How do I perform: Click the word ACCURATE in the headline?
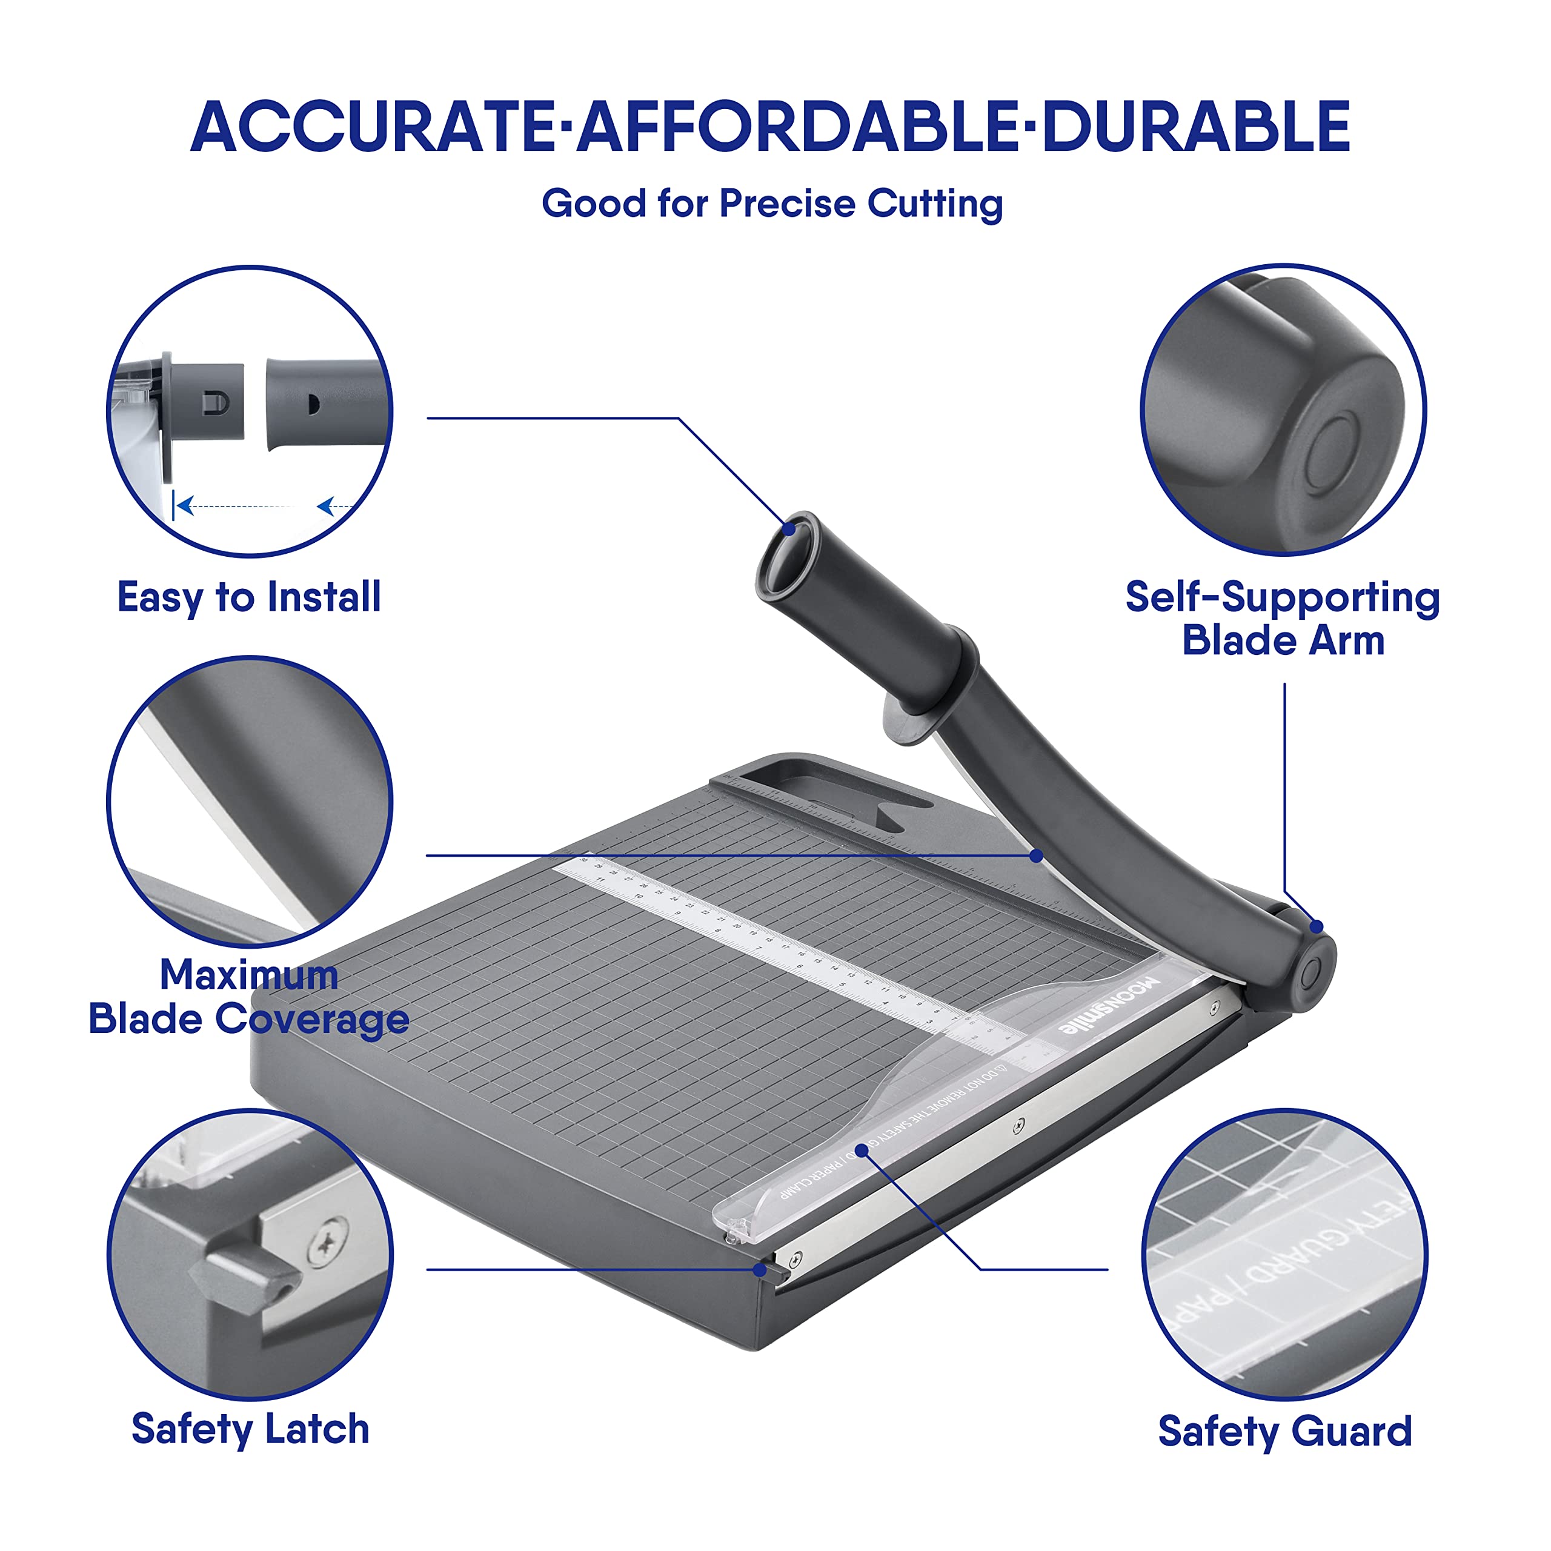click(x=373, y=127)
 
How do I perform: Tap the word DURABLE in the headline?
click(x=1196, y=127)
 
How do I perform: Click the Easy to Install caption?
click(x=249, y=597)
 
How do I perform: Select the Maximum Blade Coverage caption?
click(x=249, y=997)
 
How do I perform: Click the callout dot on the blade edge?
click(x=1037, y=857)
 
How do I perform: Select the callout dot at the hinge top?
click(x=1317, y=927)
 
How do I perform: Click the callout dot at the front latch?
click(x=759, y=1270)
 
